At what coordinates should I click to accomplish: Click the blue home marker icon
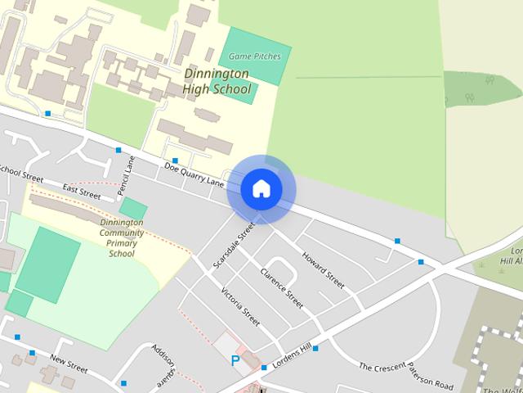click(261, 189)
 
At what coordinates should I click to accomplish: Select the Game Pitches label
click(254, 56)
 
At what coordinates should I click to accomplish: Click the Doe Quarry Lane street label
click(194, 173)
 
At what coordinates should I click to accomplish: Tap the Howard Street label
click(324, 270)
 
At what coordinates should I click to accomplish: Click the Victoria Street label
click(240, 305)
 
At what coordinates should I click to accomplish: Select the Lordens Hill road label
click(293, 357)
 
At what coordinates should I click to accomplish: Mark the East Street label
click(81, 193)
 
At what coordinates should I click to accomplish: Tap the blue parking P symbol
click(236, 359)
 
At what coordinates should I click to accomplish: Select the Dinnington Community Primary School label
click(122, 237)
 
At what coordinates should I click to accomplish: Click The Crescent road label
click(382, 369)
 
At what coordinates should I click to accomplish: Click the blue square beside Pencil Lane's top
click(118, 150)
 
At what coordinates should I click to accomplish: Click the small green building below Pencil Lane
click(132, 208)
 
